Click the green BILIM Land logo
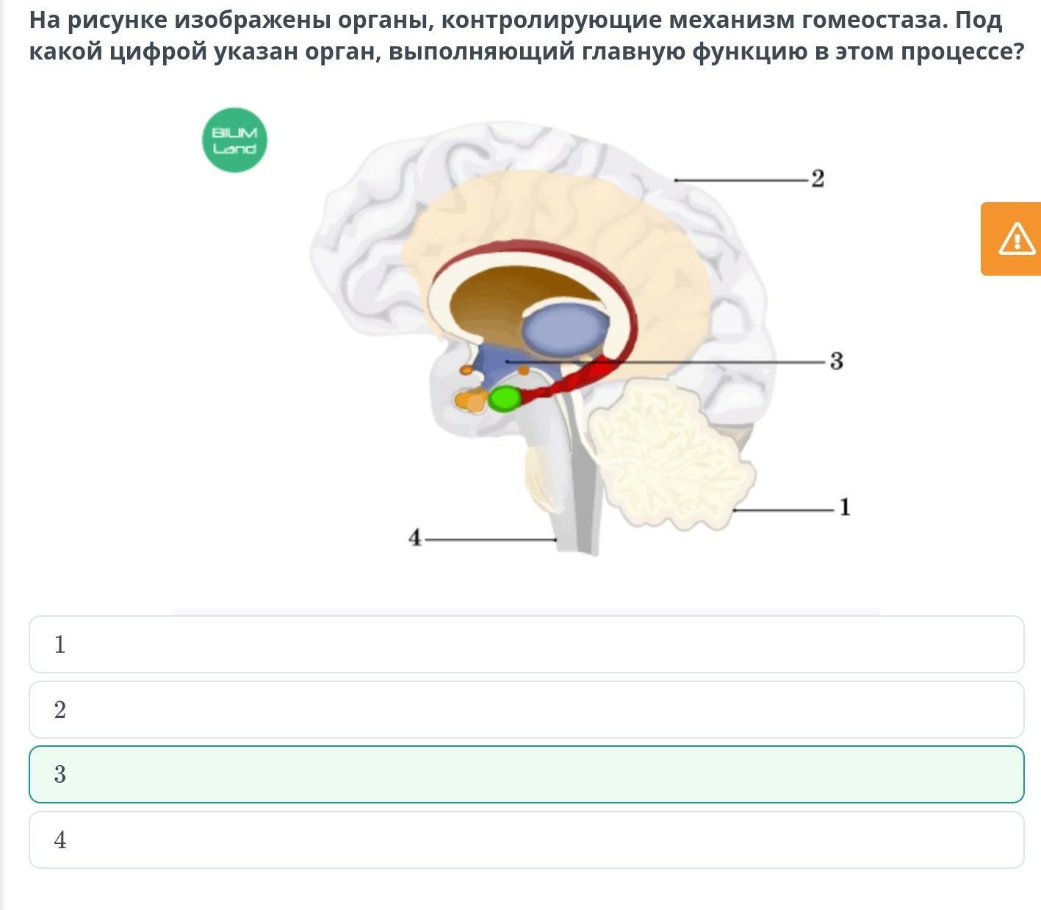(234, 140)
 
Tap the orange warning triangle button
(1012, 239)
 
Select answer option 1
(526, 645)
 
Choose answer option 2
(526, 709)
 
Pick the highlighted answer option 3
(526, 774)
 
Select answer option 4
(526, 839)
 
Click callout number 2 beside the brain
(818, 179)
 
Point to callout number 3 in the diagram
(837, 361)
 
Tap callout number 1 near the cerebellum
(845, 507)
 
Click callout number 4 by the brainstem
(415, 537)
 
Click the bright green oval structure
(504, 398)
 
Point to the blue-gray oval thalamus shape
(565, 330)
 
